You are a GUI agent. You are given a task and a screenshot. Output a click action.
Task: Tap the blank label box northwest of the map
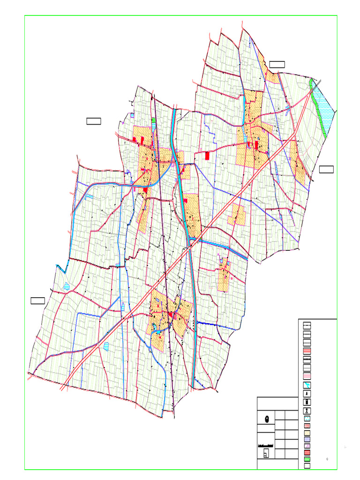(x=94, y=121)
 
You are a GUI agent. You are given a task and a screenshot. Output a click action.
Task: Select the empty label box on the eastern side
(x=326, y=169)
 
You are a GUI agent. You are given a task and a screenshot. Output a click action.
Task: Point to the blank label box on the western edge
(x=37, y=300)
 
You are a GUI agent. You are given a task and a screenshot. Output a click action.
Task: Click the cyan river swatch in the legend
(x=307, y=385)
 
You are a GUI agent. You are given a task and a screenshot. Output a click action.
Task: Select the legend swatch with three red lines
(x=307, y=351)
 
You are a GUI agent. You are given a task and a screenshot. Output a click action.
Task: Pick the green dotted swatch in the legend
(x=307, y=459)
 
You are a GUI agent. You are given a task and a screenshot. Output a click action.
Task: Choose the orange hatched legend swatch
(x=307, y=433)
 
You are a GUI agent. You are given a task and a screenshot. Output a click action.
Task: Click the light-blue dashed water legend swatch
(x=307, y=418)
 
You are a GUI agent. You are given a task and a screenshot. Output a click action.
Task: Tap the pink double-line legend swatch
(x=307, y=376)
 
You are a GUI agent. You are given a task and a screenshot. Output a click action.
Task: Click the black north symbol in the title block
(x=267, y=419)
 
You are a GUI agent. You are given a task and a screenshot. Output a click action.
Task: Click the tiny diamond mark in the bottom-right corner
(x=327, y=459)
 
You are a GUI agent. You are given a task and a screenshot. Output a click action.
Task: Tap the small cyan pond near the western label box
(x=67, y=286)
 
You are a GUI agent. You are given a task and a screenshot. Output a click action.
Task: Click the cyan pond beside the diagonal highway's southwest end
(x=106, y=346)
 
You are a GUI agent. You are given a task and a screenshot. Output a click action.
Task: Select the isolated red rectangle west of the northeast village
(x=207, y=155)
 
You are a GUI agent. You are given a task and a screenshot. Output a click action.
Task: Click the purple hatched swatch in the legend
(x=307, y=446)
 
